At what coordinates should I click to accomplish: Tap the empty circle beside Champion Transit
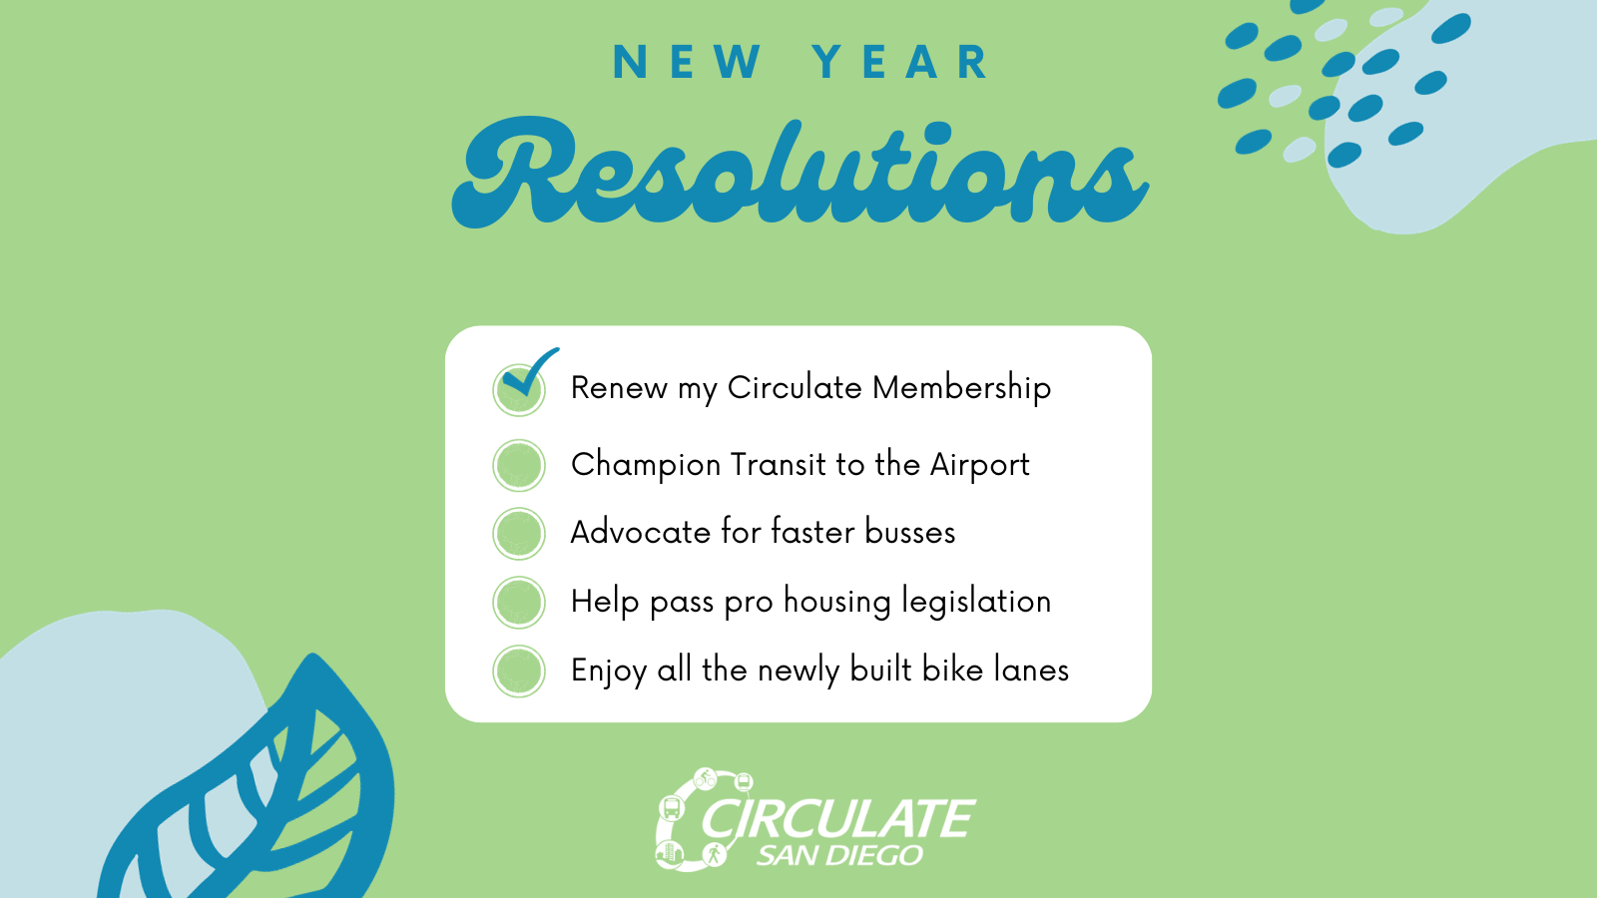pyautogui.click(x=519, y=465)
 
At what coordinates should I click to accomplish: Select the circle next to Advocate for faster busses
pyautogui.click(x=519, y=533)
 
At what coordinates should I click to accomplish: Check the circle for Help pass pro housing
pyautogui.click(x=519, y=603)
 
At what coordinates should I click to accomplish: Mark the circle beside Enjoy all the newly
pyautogui.click(x=519, y=671)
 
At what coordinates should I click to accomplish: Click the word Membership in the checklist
pyautogui.click(x=962, y=389)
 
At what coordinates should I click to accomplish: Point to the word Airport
pyautogui.click(x=979, y=465)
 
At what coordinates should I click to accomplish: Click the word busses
pyautogui.click(x=909, y=533)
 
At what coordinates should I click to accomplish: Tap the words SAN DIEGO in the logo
pyautogui.click(x=839, y=854)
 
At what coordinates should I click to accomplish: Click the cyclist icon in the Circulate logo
pyautogui.click(x=705, y=778)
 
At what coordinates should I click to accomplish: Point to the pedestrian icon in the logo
pyautogui.click(x=714, y=853)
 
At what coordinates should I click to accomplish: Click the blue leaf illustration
pyautogui.click(x=263, y=784)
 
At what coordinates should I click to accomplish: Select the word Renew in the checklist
pyautogui.click(x=619, y=388)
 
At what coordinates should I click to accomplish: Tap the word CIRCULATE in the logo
pyautogui.click(x=838, y=818)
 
